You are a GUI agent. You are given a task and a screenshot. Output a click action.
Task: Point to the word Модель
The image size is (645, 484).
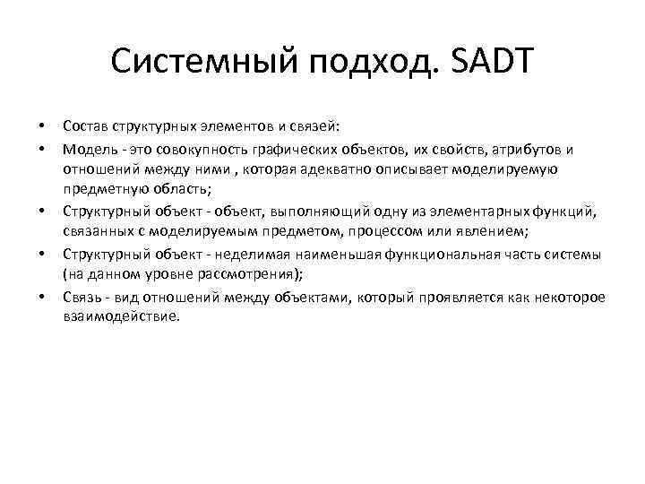(86, 149)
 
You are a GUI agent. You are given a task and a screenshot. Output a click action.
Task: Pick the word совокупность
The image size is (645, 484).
(192, 149)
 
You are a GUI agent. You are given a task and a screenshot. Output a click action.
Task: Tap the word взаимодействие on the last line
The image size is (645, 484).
(120, 316)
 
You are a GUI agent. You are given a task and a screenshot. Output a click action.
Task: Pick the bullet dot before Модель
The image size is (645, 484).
(41, 149)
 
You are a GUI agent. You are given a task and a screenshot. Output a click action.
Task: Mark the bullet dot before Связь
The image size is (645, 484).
(41, 296)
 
